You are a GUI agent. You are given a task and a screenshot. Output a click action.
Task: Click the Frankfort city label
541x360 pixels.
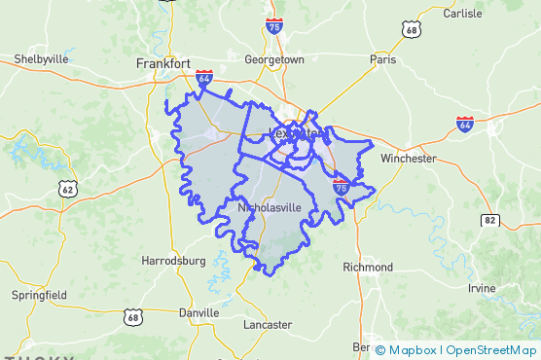point(162,63)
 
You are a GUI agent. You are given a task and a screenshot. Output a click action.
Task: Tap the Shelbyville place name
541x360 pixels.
point(41,59)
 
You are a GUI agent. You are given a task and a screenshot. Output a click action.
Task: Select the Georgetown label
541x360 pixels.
point(274,59)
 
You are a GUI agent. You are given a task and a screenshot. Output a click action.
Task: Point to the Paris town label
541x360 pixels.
point(382,59)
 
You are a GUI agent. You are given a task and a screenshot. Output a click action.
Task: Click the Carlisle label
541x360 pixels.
point(462,14)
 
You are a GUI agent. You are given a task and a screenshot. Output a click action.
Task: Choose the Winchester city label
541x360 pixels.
point(409,158)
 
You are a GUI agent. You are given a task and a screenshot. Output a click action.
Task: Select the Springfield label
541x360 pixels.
point(39,294)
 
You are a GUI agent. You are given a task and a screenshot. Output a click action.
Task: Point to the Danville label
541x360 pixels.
point(198,313)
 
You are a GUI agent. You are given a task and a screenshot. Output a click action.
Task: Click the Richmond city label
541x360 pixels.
point(368,267)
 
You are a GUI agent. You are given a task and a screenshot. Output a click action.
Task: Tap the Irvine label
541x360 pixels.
point(481,289)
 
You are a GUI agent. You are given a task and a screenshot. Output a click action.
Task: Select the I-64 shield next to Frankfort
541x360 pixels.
point(204,77)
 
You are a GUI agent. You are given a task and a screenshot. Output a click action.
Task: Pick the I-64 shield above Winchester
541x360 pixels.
point(465,124)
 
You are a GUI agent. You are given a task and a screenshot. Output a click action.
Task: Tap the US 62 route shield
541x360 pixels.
point(67,189)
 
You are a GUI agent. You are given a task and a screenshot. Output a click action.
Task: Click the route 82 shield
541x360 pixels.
point(489,222)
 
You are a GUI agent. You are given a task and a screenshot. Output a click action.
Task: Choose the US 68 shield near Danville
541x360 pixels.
point(133,316)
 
